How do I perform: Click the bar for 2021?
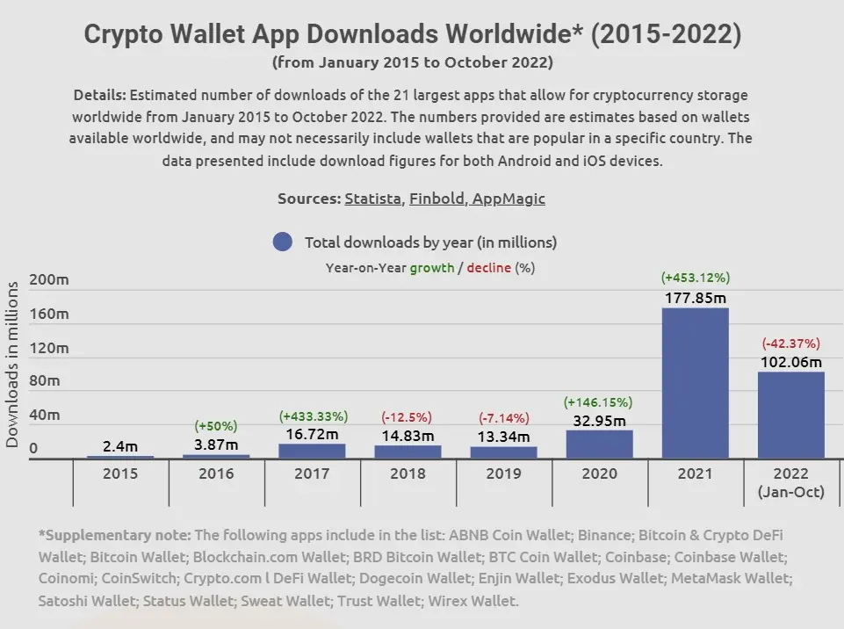pyautogui.click(x=695, y=382)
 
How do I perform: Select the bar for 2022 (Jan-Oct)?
pyautogui.click(x=791, y=415)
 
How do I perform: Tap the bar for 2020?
pyautogui.click(x=599, y=444)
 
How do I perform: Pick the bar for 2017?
pyautogui.click(x=312, y=451)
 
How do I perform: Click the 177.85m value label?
pyautogui.click(x=695, y=298)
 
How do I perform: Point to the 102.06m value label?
pyautogui.click(x=791, y=362)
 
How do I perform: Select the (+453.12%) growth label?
pyautogui.click(x=695, y=278)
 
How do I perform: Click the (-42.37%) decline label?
pyautogui.click(x=791, y=343)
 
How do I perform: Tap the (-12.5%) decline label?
pyautogui.click(x=408, y=416)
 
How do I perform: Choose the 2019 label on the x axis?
pyautogui.click(x=503, y=474)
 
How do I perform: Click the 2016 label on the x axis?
pyautogui.click(x=216, y=474)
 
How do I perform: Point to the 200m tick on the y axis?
pyautogui.click(x=49, y=280)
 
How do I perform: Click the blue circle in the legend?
pyautogui.click(x=282, y=242)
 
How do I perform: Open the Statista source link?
pyautogui.click(x=372, y=199)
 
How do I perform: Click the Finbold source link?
pyautogui.click(x=436, y=199)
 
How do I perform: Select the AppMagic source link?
pyautogui.click(x=509, y=199)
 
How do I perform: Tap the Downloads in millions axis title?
pyautogui.click(x=12, y=365)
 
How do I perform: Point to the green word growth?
pyautogui.click(x=431, y=267)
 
